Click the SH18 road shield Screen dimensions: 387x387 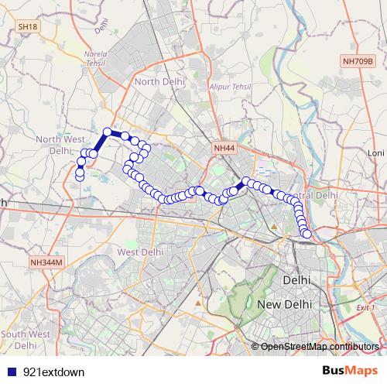point(28,26)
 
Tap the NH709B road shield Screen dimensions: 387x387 point(358,60)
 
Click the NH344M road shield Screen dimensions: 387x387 point(46,262)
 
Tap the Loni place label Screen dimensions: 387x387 point(376,153)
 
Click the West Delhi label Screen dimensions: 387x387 point(140,252)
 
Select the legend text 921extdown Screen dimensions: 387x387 point(54,372)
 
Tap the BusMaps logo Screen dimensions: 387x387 point(349,371)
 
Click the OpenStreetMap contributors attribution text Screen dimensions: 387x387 point(320,346)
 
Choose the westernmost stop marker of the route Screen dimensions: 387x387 point(79,177)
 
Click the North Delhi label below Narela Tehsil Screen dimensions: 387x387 point(157,80)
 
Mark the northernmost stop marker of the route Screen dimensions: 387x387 point(108,132)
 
